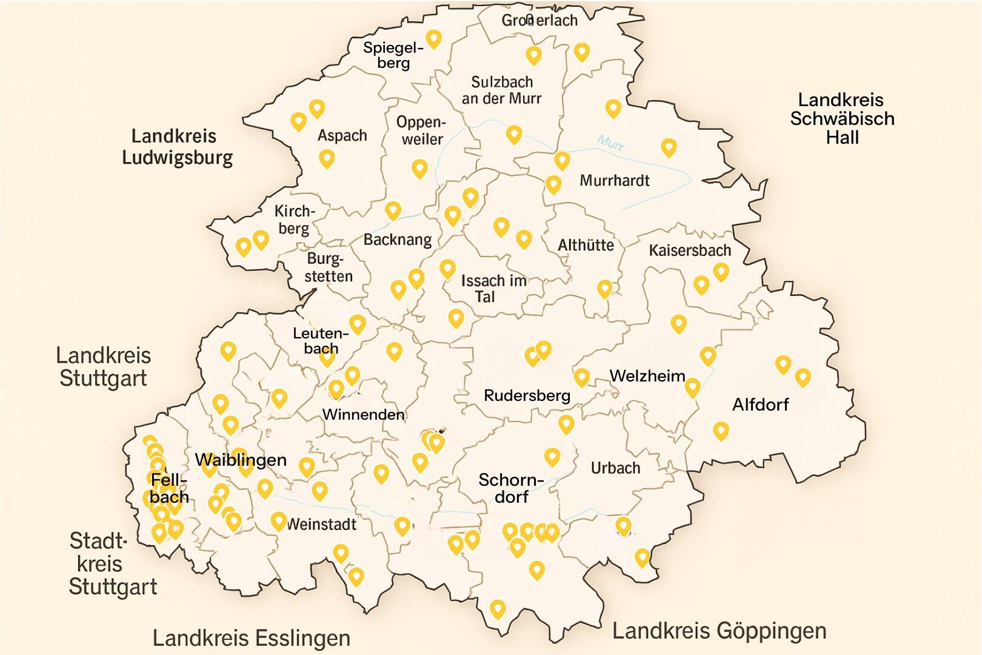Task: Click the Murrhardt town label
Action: pyautogui.click(x=614, y=181)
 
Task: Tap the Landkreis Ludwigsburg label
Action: pyautogui.click(x=176, y=147)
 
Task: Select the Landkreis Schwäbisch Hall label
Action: pyautogui.click(x=842, y=118)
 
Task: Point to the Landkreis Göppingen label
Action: pyautogui.click(x=719, y=631)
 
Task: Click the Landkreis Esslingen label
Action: pyautogui.click(x=251, y=638)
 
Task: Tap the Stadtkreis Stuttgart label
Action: pyautogui.click(x=112, y=563)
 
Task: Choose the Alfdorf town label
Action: pyautogui.click(x=760, y=405)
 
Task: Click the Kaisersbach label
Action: pyautogui.click(x=689, y=250)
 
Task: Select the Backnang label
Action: pyautogui.click(x=398, y=240)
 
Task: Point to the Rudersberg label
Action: pyautogui.click(x=527, y=396)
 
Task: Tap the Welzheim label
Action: pyautogui.click(x=647, y=376)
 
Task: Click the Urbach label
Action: pyautogui.click(x=615, y=468)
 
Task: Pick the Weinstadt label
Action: pyautogui.click(x=321, y=525)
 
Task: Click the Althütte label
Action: pyautogui.click(x=586, y=246)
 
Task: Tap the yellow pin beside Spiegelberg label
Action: pyautogui.click(x=433, y=39)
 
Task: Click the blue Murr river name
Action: pyautogui.click(x=610, y=144)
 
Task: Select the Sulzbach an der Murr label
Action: pyautogui.click(x=501, y=90)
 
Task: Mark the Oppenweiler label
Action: pyautogui.click(x=421, y=130)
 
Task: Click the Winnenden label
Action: pyautogui.click(x=363, y=415)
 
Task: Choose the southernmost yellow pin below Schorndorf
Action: pyautogui.click(x=498, y=608)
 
